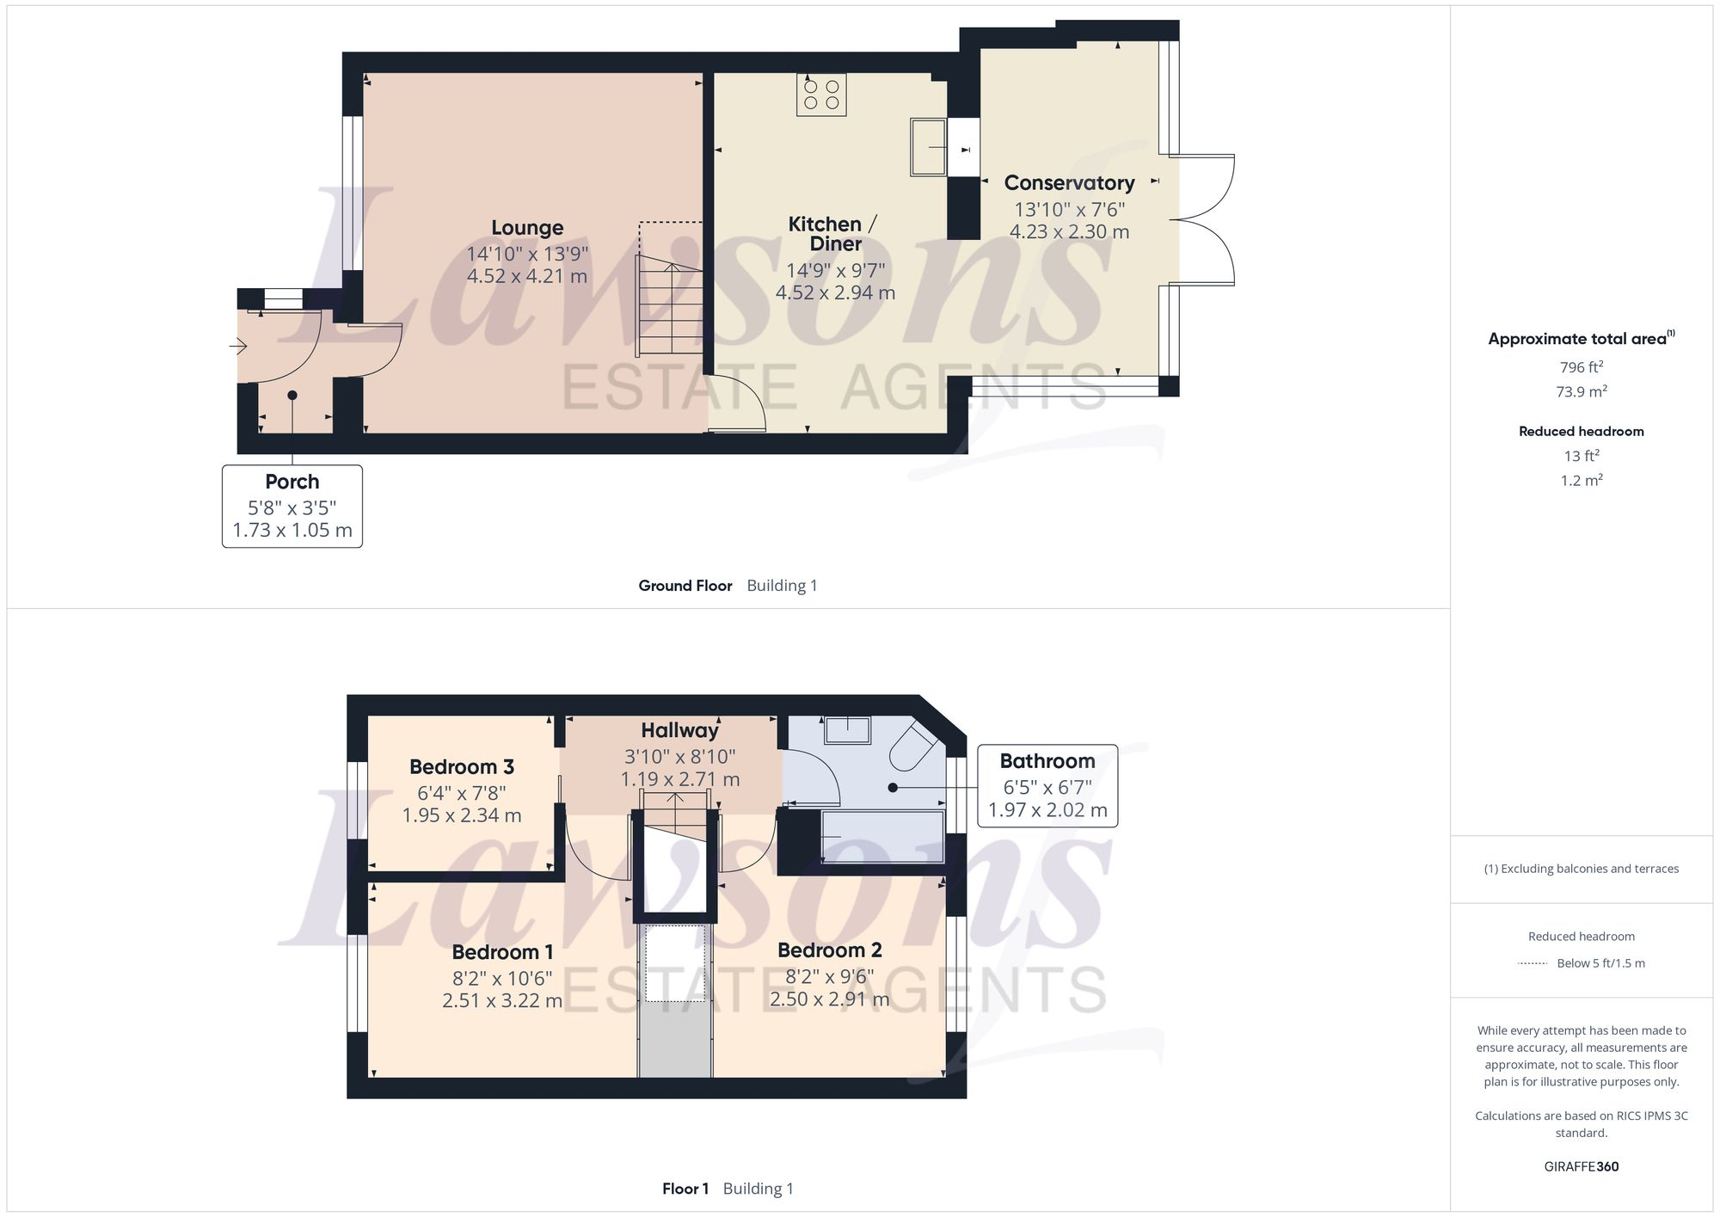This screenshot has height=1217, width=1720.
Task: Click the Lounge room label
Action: tap(527, 228)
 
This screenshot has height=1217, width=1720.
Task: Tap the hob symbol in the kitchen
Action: tap(821, 95)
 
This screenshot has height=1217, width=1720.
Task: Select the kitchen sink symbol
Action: tap(929, 147)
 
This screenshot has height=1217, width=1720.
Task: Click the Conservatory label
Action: tap(1069, 183)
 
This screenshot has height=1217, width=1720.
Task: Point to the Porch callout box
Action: tap(292, 506)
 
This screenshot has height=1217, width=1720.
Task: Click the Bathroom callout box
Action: tap(1047, 785)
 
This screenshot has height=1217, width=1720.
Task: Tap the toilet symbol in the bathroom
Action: tap(911, 746)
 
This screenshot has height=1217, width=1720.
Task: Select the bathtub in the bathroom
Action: tap(883, 837)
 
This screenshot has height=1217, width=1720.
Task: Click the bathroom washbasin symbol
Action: tap(847, 730)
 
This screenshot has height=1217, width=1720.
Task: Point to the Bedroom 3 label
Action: tap(462, 766)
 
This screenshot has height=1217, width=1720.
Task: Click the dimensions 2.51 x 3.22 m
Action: tap(502, 1001)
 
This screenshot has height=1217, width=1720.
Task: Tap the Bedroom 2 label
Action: tap(829, 950)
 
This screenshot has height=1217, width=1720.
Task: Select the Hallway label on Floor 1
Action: tap(679, 730)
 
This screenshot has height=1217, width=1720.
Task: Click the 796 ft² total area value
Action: tap(1581, 367)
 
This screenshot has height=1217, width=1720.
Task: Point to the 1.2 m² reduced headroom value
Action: tap(1581, 481)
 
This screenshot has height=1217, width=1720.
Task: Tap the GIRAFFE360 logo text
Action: tap(1581, 1167)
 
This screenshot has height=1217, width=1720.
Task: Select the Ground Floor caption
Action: tap(685, 586)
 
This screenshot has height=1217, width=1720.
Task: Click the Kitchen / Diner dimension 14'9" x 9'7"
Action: tap(835, 270)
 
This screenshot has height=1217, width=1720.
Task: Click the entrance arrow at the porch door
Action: tap(238, 347)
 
